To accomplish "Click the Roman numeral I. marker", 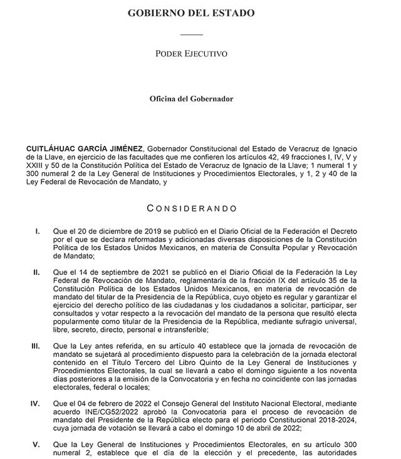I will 39,231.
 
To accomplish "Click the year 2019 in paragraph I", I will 137,231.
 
